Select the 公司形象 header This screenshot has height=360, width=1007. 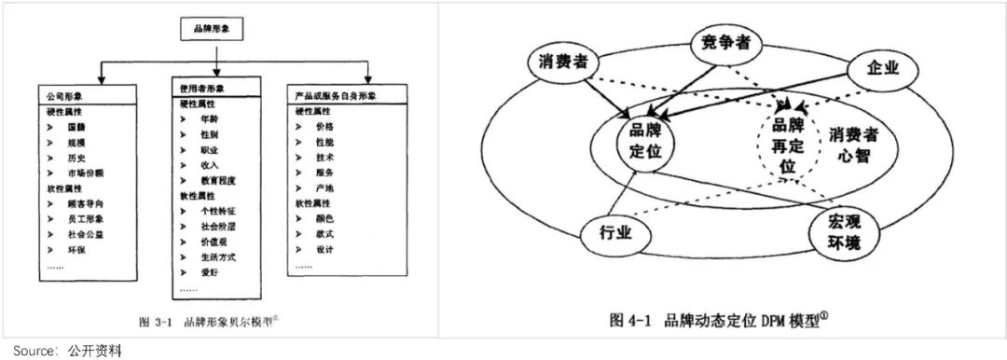(62, 96)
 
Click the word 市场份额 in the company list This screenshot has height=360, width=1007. (85, 173)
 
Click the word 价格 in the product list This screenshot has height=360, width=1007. (324, 125)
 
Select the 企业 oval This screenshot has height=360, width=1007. (881, 69)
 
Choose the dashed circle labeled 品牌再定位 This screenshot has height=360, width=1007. (788, 145)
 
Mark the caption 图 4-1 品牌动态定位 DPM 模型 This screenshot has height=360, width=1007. (719, 320)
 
